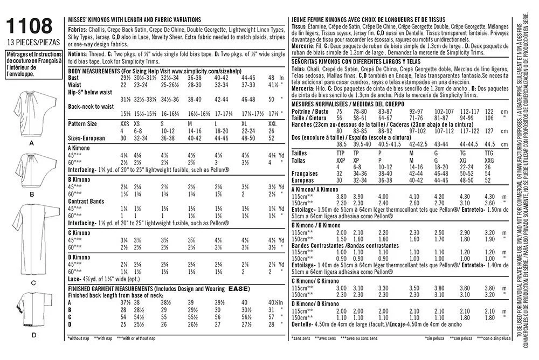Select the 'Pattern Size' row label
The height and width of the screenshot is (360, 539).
(82, 123)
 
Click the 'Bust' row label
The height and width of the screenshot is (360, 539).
(74, 78)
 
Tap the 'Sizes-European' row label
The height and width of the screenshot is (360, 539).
(87, 139)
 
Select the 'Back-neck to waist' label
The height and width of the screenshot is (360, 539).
(91, 106)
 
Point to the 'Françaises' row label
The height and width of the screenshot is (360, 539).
(303, 174)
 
